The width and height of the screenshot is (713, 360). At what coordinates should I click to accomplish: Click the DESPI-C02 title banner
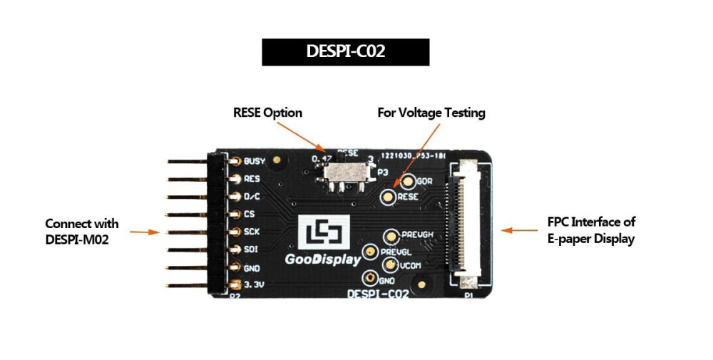pos(345,52)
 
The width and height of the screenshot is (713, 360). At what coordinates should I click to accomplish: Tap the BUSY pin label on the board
pos(254,161)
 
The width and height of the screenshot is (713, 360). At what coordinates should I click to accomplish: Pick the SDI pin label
pos(251,250)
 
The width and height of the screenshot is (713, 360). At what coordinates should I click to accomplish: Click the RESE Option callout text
pos(267,113)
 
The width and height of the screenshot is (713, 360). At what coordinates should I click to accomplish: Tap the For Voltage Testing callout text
pos(431,113)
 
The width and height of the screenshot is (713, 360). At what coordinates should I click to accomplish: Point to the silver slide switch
pos(347,175)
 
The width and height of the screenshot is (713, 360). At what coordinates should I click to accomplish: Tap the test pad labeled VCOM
pos(389,264)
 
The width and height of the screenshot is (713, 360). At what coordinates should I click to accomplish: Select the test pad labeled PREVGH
pos(391,236)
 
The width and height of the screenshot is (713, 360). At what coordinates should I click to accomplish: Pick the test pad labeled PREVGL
pos(370,251)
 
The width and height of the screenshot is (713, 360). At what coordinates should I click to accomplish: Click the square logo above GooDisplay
pos(325,232)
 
